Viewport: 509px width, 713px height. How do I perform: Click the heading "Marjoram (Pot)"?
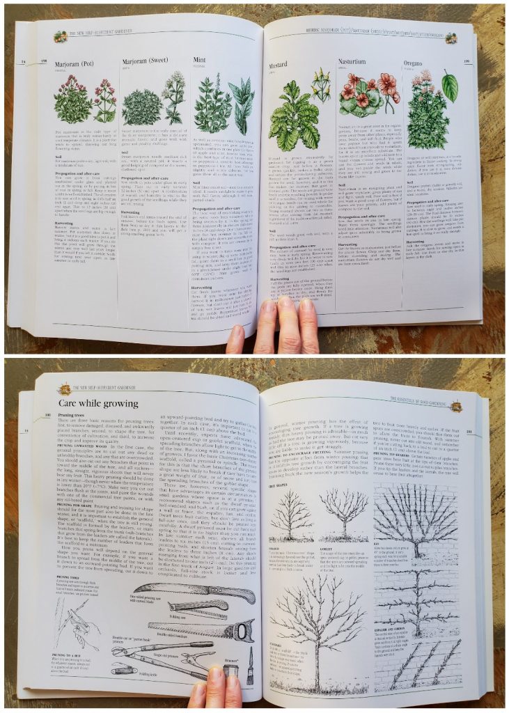click(x=72, y=66)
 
